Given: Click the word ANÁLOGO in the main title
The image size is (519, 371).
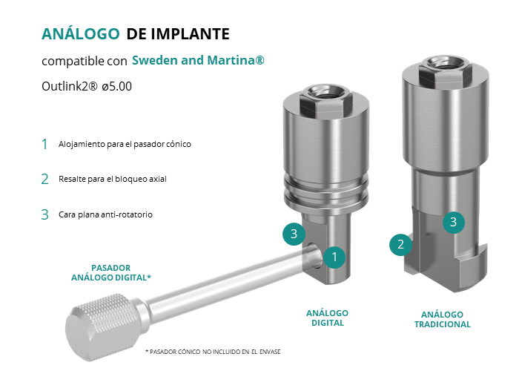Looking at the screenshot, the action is pos(80,33).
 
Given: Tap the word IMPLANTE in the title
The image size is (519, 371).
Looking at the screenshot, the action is pos(191,34).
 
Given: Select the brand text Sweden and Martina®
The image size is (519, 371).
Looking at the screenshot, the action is pos(198,60).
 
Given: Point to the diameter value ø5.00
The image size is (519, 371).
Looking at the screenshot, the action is pos(117,86).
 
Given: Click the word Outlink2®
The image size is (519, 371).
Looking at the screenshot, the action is pos(70,86).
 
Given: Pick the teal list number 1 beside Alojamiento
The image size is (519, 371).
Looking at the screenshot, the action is pos(44,145).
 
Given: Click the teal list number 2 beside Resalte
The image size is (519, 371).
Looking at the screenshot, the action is pos(45,180).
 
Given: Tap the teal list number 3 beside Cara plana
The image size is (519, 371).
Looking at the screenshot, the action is pos(45,214).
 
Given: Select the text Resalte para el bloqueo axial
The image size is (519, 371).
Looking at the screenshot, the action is pos(113,179).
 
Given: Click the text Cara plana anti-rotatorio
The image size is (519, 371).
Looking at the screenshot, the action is pos(105,214).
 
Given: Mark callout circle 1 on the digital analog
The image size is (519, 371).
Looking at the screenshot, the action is pos(334,257).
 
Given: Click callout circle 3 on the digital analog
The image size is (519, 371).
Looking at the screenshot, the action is pos(294,234).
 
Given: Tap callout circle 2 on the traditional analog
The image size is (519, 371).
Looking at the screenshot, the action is pos(400,244).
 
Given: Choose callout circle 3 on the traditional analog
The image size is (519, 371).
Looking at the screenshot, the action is pos(454,222).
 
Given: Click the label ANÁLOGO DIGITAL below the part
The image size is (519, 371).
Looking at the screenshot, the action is pos(328,318).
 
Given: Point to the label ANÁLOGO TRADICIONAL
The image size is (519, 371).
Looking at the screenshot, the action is pos(443,319).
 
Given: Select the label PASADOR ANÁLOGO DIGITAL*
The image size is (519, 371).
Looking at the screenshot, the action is pos(111,272).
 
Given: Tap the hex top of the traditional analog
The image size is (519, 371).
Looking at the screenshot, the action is pos(445,70).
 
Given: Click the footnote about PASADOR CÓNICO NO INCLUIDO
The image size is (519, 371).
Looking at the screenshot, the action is pos(213,352).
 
